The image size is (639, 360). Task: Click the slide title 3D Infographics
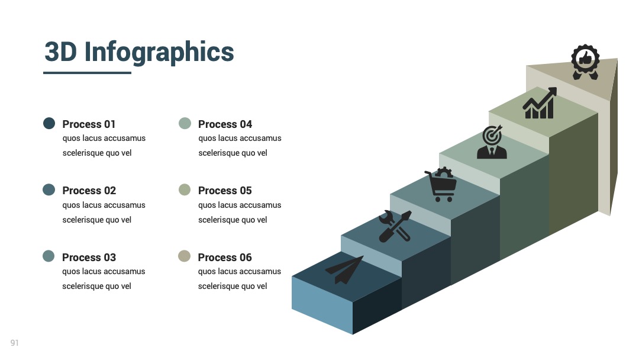point(139,52)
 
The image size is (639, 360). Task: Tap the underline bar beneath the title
point(87,73)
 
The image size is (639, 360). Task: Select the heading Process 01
point(89,124)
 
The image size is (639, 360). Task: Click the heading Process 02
point(89,191)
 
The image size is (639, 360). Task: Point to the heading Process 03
point(89,257)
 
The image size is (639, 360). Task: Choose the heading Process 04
point(225,124)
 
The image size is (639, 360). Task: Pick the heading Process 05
point(225,191)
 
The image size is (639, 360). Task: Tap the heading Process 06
point(225,257)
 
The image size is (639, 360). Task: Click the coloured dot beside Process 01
point(49,123)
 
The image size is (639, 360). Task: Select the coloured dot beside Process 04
point(185,123)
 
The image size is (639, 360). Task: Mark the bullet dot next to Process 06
point(184,256)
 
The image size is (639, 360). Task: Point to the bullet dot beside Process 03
point(49,256)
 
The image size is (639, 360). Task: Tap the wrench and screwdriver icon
point(395,227)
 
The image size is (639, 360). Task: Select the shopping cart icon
point(441,184)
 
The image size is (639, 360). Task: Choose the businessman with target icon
point(492,142)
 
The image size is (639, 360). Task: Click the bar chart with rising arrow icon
point(540,103)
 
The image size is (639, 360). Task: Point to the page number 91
point(15,343)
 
